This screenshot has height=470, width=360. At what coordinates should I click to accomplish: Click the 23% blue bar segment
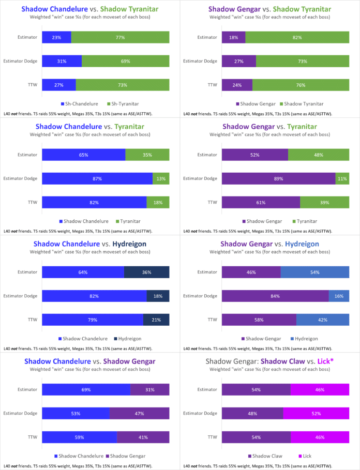tap(57, 37)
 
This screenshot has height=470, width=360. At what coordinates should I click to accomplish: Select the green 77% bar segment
tap(120, 37)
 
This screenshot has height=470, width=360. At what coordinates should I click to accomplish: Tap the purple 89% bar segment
tap(278, 179)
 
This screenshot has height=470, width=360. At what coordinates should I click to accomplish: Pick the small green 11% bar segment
tap(342, 179)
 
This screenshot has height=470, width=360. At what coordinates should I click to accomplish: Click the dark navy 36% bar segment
tap(146, 272)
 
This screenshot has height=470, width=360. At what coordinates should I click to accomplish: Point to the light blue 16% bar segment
tap(339, 296)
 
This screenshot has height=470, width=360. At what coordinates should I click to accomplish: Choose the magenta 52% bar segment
tap(316, 413)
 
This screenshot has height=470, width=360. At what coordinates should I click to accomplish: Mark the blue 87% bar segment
tap(97, 179)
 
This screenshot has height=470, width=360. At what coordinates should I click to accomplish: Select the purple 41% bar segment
tap(143, 437)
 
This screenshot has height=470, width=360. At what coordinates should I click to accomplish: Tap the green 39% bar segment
tap(325, 202)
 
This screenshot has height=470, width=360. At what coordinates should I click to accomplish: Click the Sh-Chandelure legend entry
tap(80, 104)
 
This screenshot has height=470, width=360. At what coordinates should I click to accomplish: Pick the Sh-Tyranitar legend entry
tap(123, 104)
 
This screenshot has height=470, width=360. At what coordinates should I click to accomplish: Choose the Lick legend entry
tap(305, 456)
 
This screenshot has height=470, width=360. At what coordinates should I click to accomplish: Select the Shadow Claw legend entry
tap(265, 456)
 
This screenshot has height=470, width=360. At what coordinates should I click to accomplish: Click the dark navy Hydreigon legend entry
tap(128, 339)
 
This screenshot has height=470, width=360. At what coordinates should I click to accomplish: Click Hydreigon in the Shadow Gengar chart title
tap(302, 244)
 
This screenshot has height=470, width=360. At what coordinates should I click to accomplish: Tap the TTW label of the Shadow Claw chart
tap(212, 437)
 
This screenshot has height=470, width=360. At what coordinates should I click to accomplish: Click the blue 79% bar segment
tap(93, 320)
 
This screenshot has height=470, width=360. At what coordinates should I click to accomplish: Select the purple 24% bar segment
tap(237, 85)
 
